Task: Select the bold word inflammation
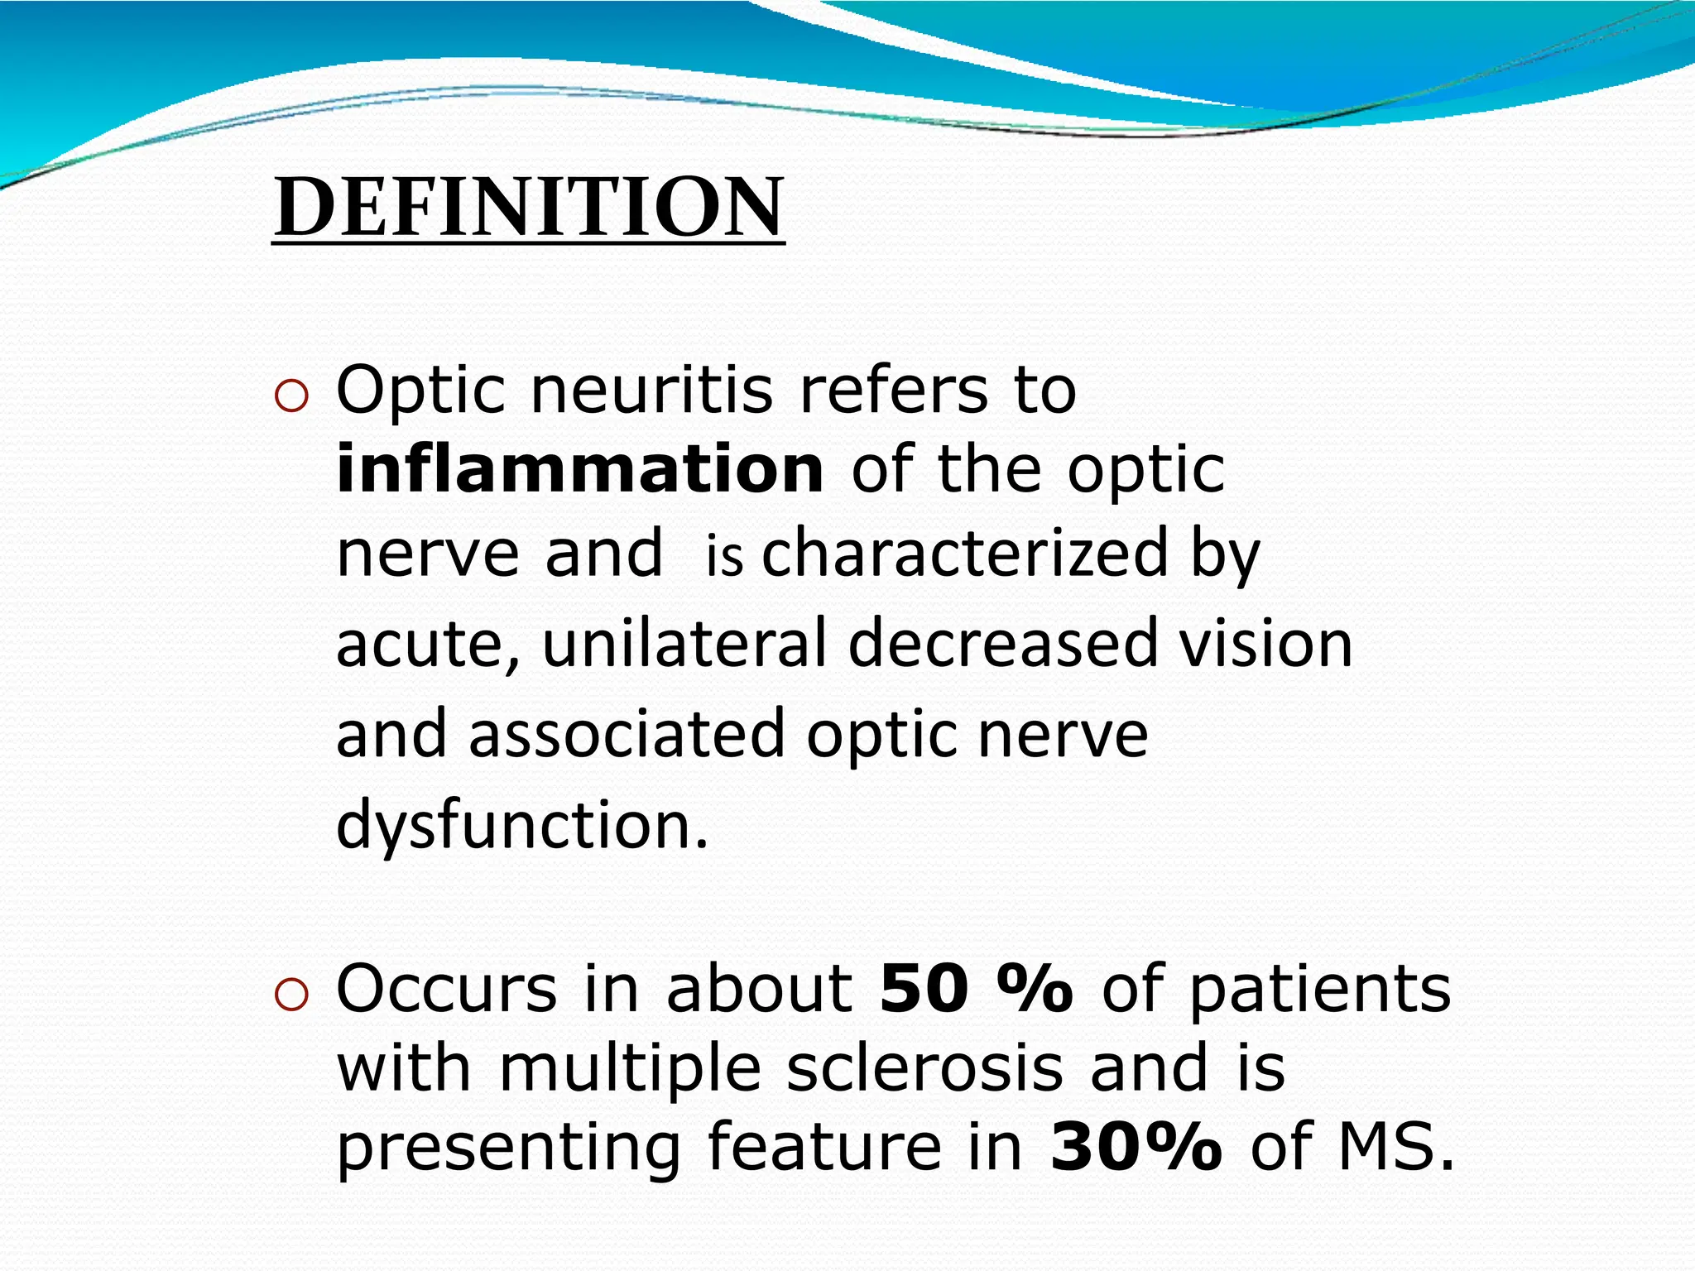[x=580, y=469]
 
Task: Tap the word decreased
[x=1001, y=644]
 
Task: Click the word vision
[x=1265, y=644]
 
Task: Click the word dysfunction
[x=521, y=824]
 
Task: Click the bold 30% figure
[x=1136, y=1148]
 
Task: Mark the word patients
[x=1320, y=990]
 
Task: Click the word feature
[x=824, y=1148]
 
